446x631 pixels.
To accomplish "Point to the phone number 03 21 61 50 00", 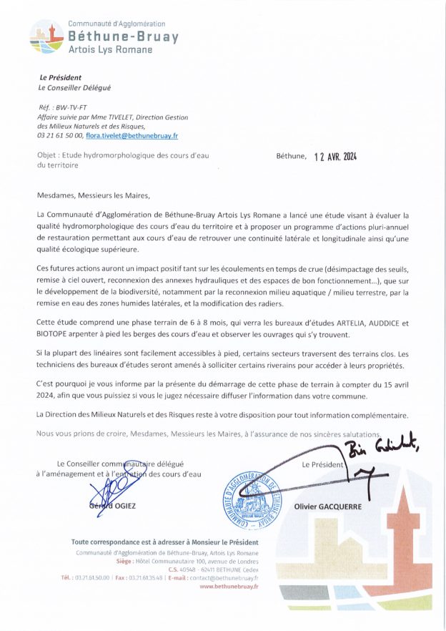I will pyautogui.click(x=59, y=135).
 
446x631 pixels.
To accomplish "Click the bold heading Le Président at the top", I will pyautogui.click(x=60, y=77).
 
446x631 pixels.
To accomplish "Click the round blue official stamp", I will pyautogui.click(x=254, y=492).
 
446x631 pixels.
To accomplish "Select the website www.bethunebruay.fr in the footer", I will pyautogui.click(x=229, y=586).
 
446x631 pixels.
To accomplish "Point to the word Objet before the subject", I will pyautogui.click(x=48, y=155).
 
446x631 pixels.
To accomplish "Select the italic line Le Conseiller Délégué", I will pyautogui.click(x=74, y=88).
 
